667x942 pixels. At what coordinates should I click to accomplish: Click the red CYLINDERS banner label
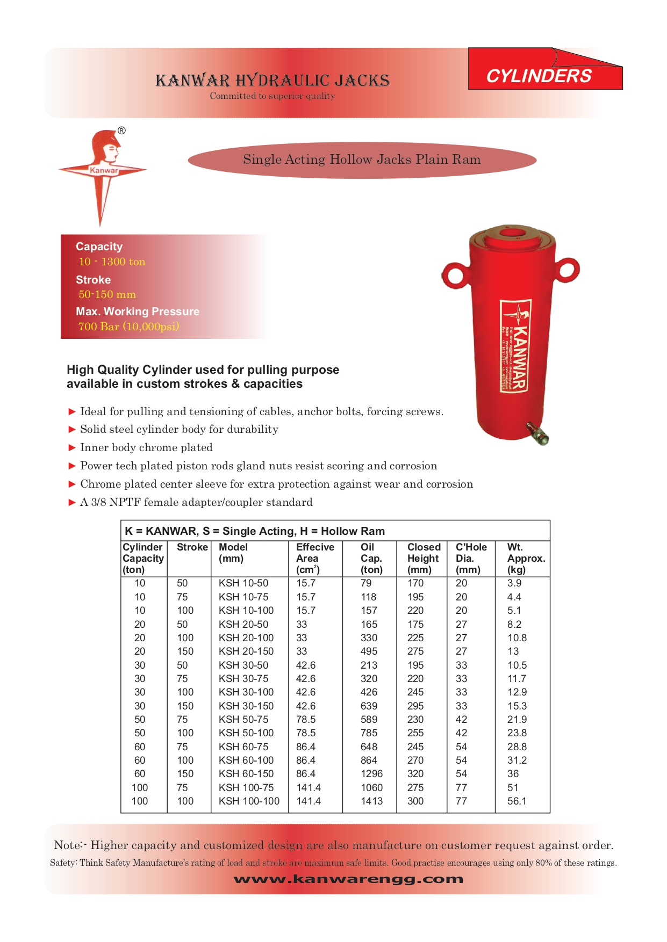pyautogui.click(x=539, y=76)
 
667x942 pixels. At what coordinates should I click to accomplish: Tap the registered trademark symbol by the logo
pyautogui.click(x=121, y=131)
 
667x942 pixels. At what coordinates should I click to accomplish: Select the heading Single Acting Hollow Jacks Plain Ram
pyautogui.click(x=362, y=160)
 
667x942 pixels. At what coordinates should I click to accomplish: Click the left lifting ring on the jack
pyautogui.click(x=455, y=275)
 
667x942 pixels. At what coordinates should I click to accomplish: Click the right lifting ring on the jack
pyautogui.click(x=568, y=268)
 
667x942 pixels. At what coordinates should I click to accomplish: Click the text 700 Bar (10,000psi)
pyautogui.click(x=128, y=327)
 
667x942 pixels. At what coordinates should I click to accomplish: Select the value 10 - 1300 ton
pyautogui.click(x=112, y=262)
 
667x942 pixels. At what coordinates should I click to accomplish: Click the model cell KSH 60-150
pyautogui.click(x=246, y=774)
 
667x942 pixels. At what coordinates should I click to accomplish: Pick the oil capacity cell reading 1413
pyautogui.click(x=372, y=801)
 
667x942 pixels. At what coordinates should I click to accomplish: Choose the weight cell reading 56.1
pyautogui.click(x=517, y=801)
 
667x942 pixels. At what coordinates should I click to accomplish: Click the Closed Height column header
pyautogui.click(x=423, y=559)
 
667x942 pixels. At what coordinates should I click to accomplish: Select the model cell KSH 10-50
pyautogui.click(x=243, y=583)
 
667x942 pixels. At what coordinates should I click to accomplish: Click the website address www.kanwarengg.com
pyautogui.click(x=348, y=879)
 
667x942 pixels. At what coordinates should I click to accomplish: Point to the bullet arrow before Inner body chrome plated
pyautogui.click(x=72, y=447)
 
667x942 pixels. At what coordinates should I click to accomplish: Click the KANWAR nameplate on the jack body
pyautogui.click(x=515, y=346)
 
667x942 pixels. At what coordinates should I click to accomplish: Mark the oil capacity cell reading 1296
pyautogui.click(x=372, y=774)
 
